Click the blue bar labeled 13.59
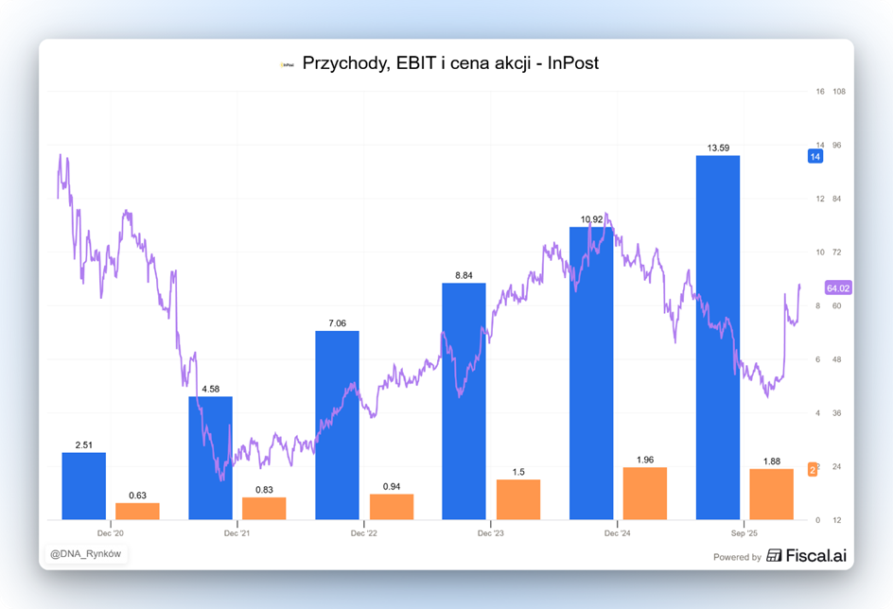tap(717, 337)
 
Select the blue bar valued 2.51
tap(84, 485)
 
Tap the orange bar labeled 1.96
tap(644, 493)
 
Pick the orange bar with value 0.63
tap(137, 511)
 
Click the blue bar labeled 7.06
tap(337, 425)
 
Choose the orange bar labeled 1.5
tap(518, 499)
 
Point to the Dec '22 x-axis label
tap(364, 534)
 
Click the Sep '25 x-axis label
tap(744, 534)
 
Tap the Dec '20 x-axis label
tap(111, 534)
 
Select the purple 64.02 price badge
tap(838, 288)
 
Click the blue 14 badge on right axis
tap(814, 156)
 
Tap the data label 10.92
tap(591, 219)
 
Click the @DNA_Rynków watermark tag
tap(85, 553)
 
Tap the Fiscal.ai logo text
tap(806, 556)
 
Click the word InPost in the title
tap(573, 63)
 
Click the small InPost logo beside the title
tap(288, 64)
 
